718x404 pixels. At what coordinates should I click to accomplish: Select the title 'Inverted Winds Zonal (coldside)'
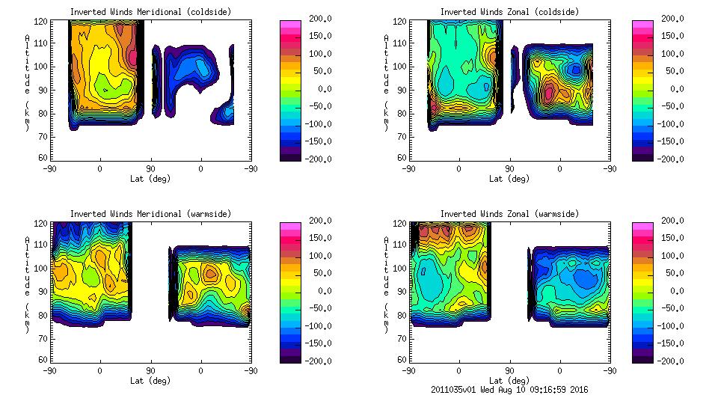pos(509,11)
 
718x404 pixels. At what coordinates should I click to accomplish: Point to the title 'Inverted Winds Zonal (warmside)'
pos(509,213)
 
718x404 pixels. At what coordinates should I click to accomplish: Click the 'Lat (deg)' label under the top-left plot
pos(150,179)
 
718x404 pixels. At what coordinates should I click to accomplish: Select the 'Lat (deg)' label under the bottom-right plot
pos(509,380)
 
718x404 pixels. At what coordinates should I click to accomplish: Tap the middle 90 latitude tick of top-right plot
pos(509,169)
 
